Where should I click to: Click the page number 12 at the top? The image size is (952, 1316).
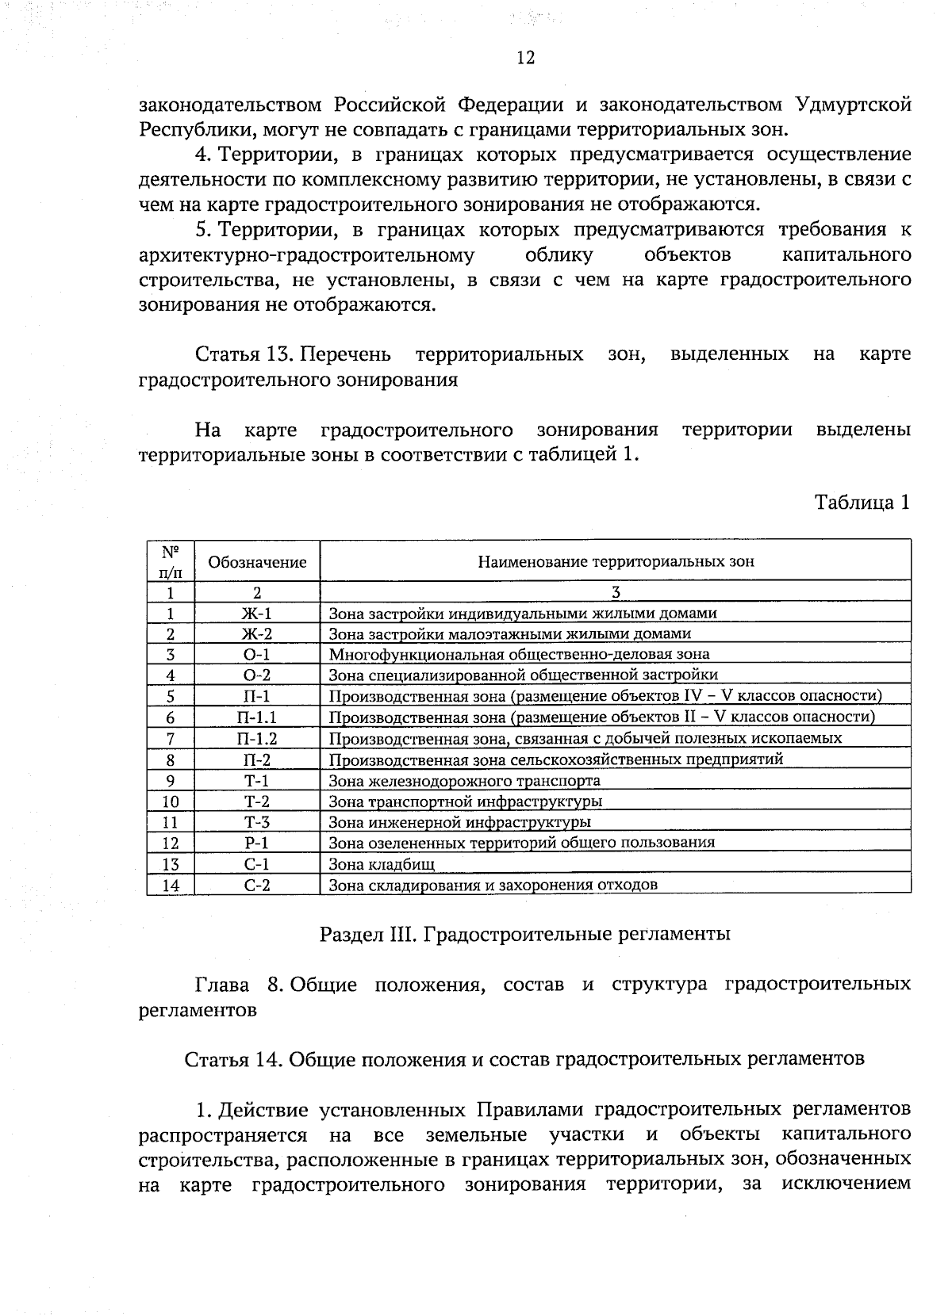[x=525, y=58]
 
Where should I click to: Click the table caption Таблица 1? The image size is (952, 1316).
[x=862, y=503]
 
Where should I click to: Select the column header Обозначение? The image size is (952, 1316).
[x=257, y=562]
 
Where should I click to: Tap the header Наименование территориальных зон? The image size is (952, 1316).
[x=616, y=562]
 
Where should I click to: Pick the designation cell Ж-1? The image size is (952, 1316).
[x=257, y=613]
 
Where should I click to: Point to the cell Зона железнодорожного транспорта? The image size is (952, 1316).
[x=464, y=780]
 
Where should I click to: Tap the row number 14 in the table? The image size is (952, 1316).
[x=171, y=886]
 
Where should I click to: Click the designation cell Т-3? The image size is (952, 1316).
[x=257, y=822]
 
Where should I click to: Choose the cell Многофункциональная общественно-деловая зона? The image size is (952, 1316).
[x=519, y=654]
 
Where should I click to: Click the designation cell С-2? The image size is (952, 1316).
[x=257, y=886]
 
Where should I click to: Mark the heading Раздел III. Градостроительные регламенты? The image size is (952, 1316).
[x=524, y=934]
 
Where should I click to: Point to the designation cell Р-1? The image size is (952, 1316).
[x=257, y=843]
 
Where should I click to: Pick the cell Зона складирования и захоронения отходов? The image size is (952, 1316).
[x=493, y=885]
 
